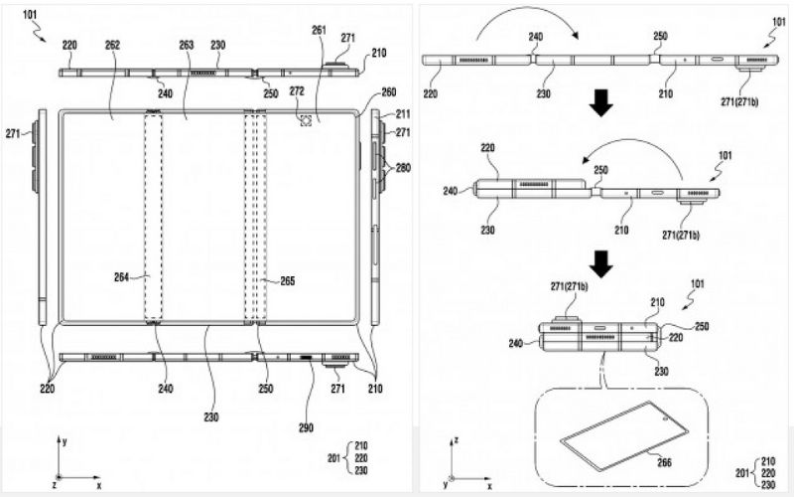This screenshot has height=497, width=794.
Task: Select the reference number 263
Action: (186, 45)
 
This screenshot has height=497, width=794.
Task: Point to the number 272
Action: (297, 90)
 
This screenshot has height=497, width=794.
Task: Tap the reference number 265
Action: (288, 281)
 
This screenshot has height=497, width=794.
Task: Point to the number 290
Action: (306, 428)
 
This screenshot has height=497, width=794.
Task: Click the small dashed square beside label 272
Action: (306, 121)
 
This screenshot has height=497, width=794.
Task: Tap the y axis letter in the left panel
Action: (64, 438)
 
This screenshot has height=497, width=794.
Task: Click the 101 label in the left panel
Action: (32, 15)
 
